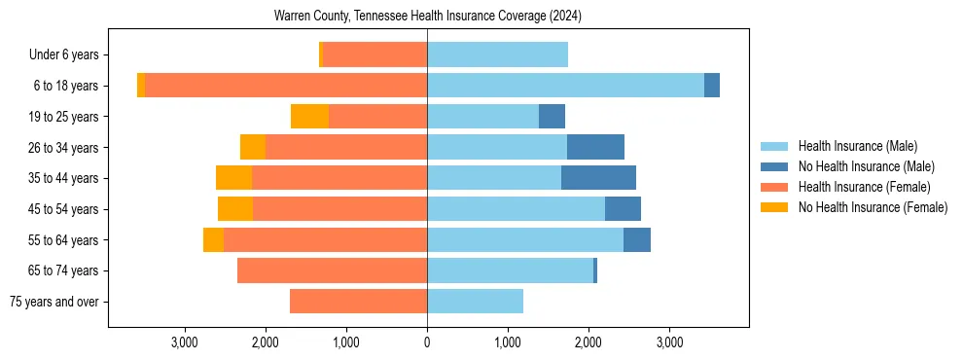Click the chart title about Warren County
click(427, 16)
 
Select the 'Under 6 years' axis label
click(69, 55)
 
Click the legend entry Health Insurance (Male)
click(857, 146)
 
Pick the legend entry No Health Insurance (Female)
click(873, 207)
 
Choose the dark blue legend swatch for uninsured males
click(774, 166)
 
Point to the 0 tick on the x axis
click(427, 342)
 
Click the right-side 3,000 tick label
click(668, 342)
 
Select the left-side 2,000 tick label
click(266, 342)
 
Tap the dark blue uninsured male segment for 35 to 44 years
click(598, 178)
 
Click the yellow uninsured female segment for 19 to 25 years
click(309, 117)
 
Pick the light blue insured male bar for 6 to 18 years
click(565, 86)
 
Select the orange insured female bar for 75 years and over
click(358, 302)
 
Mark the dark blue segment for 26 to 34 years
click(595, 147)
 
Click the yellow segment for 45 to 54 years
click(235, 209)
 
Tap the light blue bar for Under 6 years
click(497, 55)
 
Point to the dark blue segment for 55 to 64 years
click(636, 240)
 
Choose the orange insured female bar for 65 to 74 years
click(332, 270)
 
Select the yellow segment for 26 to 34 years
click(253, 147)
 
